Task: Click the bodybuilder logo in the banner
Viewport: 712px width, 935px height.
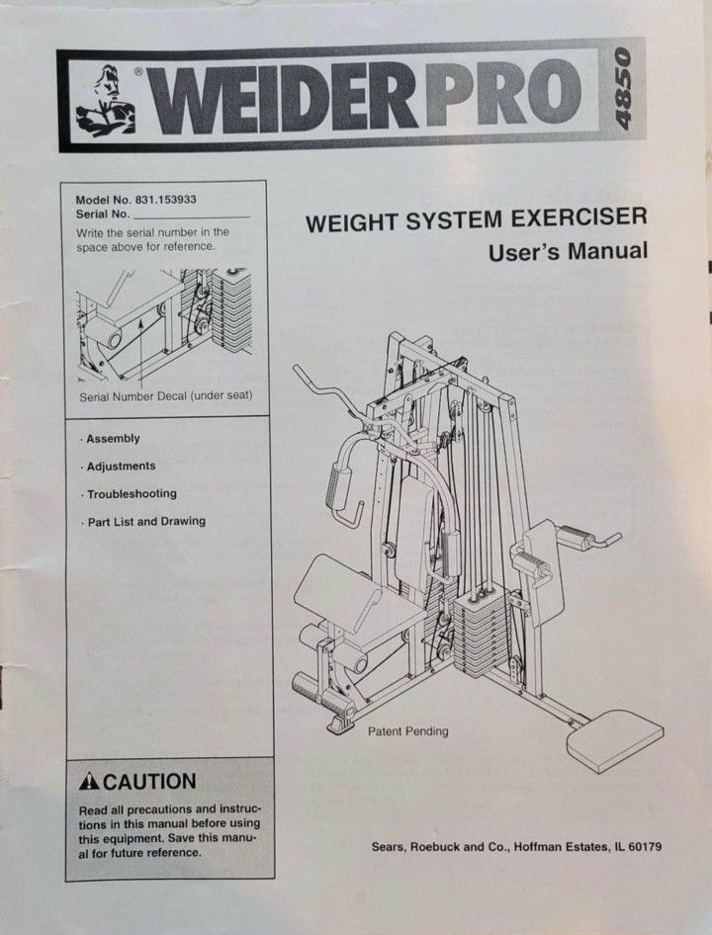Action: pos(106,99)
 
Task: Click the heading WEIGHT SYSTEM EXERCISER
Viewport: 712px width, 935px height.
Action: pos(476,219)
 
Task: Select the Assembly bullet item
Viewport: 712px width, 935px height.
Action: pos(112,439)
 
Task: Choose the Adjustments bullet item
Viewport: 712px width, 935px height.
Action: pos(120,467)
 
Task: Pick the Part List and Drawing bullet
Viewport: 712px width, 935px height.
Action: pos(144,522)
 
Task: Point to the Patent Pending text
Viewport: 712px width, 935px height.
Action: pos(407,732)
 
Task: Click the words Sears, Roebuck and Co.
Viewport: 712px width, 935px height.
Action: pos(433,847)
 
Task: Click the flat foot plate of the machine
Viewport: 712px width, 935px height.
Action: pos(613,739)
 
